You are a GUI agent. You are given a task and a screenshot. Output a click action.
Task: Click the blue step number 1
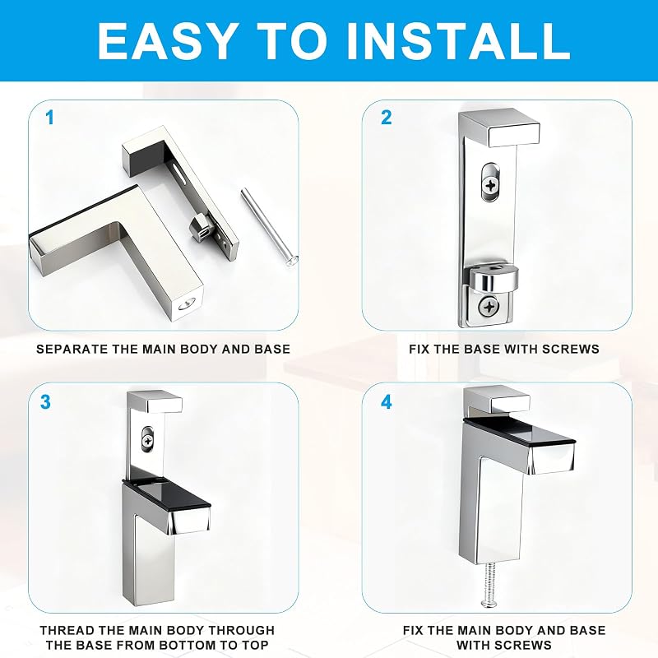point(50,118)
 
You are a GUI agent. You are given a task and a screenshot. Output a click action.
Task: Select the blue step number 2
point(386,118)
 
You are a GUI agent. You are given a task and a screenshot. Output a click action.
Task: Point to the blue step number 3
point(45,402)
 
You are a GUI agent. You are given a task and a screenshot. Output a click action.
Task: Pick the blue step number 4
point(386,402)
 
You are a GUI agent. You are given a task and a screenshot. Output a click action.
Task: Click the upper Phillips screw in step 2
point(490,185)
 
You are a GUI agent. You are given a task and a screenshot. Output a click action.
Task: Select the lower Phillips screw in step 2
point(489,307)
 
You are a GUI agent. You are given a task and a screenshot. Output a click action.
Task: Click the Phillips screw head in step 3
point(148,442)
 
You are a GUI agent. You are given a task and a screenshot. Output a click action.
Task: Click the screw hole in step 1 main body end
point(188,304)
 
